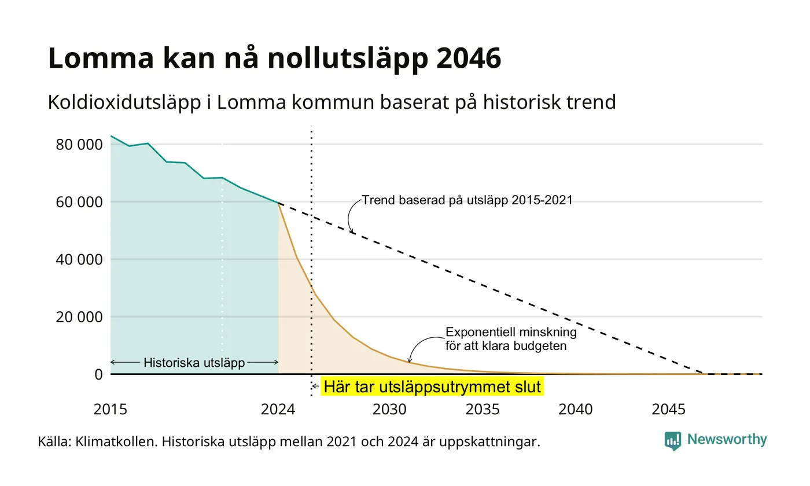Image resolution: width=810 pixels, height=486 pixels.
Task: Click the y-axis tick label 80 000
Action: point(79,145)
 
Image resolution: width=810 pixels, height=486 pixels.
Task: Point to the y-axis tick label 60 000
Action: point(79,202)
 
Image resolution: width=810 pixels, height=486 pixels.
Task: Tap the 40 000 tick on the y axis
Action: point(79,260)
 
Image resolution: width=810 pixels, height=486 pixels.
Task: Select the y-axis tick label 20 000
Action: point(79,317)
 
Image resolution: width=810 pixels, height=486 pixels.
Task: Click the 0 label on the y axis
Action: point(99,375)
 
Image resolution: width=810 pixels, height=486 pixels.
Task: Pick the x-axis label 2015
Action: point(111,410)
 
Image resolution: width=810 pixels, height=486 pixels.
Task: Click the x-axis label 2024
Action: point(278,410)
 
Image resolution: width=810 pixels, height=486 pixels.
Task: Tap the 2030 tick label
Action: point(389,410)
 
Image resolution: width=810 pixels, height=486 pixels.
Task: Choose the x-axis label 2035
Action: point(483,410)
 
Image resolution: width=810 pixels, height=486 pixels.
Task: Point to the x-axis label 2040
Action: point(576,410)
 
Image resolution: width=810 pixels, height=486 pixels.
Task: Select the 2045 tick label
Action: point(669,410)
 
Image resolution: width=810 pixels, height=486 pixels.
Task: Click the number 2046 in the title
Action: point(469,58)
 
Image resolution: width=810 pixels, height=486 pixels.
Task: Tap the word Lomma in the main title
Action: point(101,58)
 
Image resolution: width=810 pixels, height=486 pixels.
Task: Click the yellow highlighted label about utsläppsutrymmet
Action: point(432,387)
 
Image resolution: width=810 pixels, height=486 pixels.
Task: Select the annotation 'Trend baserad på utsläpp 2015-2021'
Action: point(467,200)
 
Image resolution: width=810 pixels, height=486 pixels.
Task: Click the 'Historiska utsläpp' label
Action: point(194,363)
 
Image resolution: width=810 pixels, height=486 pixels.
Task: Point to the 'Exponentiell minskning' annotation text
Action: point(511,332)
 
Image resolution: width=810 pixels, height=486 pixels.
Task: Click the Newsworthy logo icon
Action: point(672,441)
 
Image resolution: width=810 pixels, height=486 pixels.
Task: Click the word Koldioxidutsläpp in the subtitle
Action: point(124,102)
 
